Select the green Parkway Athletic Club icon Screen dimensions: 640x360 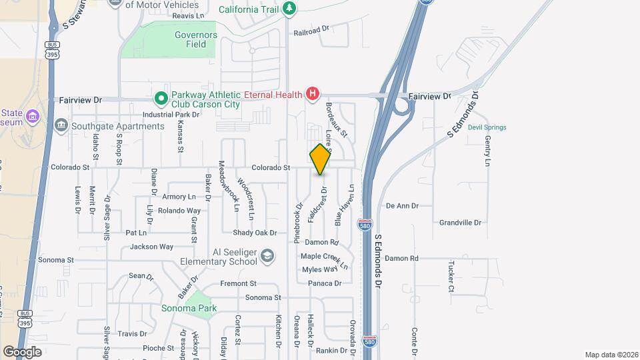pyautogui.click(x=161, y=99)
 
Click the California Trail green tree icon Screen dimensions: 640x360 pyautogui.click(x=289, y=8)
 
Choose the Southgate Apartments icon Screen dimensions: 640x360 pyautogui.click(x=61, y=125)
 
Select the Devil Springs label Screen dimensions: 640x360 pyautogui.click(x=487, y=127)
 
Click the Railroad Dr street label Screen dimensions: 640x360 pyautogui.click(x=311, y=30)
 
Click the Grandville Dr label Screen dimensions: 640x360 pyautogui.click(x=460, y=223)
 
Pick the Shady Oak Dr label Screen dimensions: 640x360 pyautogui.click(x=255, y=233)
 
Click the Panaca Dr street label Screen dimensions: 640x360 pyautogui.click(x=325, y=283)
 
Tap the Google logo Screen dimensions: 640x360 pyautogui.click(x=22, y=351)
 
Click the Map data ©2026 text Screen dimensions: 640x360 pyautogui.click(x=611, y=355)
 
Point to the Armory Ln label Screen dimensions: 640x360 pyautogui.click(x=179, y=197)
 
